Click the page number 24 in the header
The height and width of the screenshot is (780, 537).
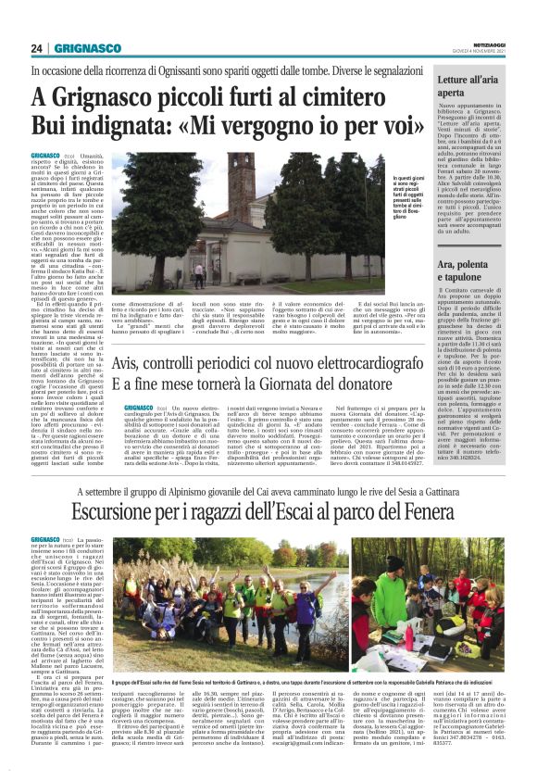point(37,48)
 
